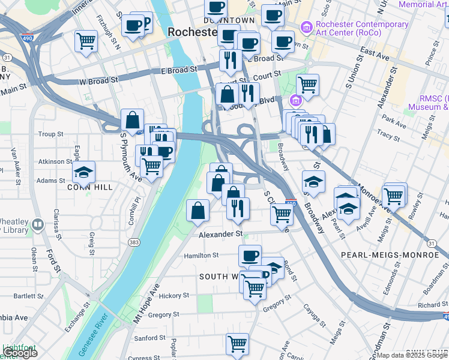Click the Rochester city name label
coord(191,31)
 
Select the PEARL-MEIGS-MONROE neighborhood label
coord(390,255)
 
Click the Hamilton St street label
coord(201,256)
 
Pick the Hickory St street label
coord(173,296)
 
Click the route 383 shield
coord(133,241)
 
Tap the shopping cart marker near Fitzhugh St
coord(86,41)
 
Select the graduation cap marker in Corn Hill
coord(84,171)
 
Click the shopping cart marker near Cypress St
coord(237,344)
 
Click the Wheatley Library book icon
coord(38,224)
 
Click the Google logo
coord(20,353)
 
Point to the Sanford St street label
coord(149,338)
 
